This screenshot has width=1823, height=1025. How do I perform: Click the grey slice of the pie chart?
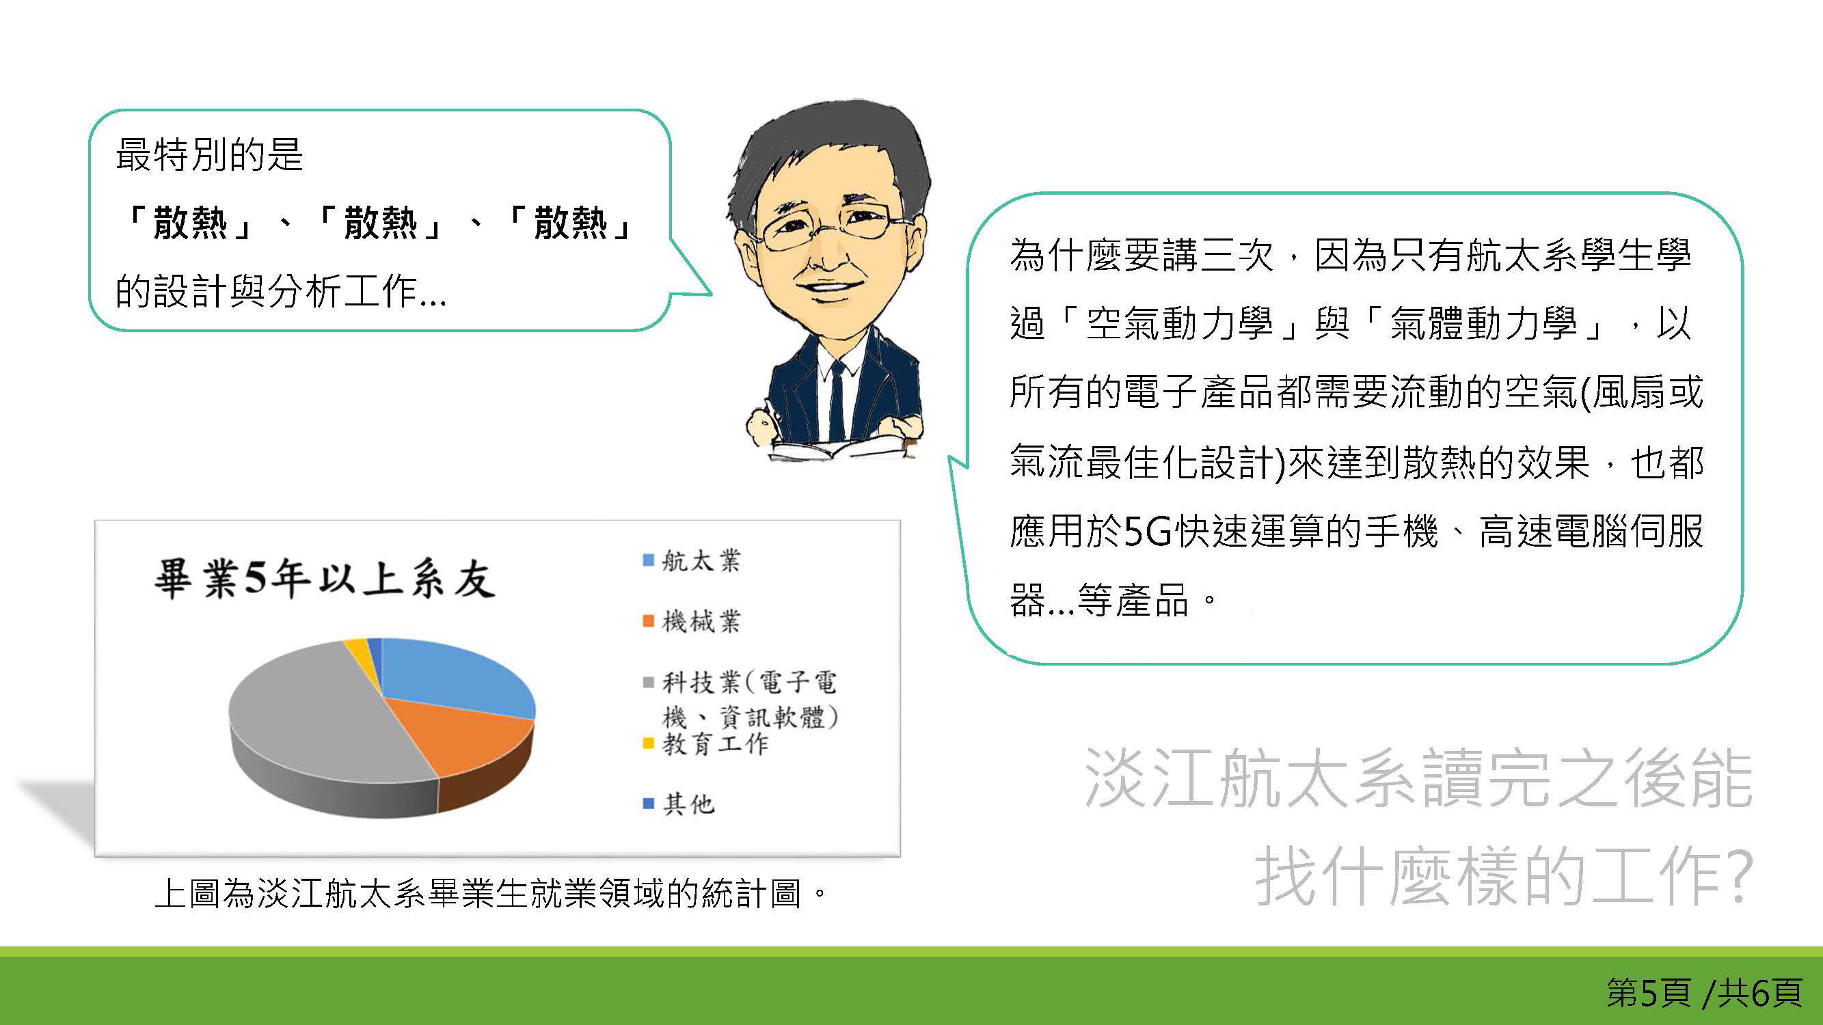[x=312, y=722]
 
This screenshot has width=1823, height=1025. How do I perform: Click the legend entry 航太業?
[x=692, y=561]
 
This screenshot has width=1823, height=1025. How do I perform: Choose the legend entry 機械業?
[x=692, y=622]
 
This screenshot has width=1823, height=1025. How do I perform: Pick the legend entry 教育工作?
[x=705, y=743]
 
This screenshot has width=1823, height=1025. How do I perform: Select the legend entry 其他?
[x=679, y=804]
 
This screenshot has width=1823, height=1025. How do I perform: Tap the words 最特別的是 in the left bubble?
[x=209, y=155]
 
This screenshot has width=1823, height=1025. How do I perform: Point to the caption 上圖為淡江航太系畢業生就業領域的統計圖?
[x=478, y=893]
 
